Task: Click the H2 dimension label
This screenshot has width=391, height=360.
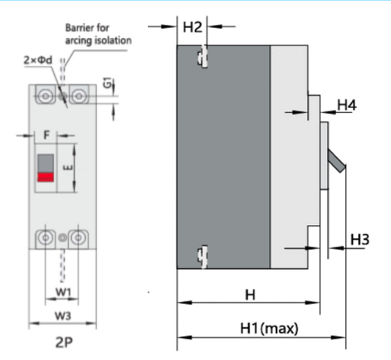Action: tap(192, 28)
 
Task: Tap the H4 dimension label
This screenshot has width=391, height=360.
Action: tap(347, 106)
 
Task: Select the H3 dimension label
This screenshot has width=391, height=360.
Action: tap(359, 239)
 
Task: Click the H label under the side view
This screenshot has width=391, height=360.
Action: tap(249, 295)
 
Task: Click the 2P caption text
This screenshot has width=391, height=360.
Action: tap(63, 342)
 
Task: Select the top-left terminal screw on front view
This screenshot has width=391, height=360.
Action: tap(45, 95)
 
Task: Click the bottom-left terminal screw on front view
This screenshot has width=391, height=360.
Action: tap(45, 238)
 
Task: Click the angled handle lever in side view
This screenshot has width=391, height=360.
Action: tap(336, 160)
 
